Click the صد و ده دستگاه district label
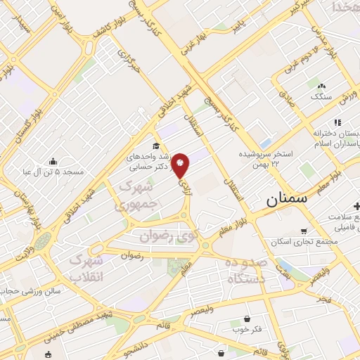246,270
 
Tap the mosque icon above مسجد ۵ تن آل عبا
53,161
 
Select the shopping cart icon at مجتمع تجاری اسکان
304,231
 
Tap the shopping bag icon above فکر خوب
246,317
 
